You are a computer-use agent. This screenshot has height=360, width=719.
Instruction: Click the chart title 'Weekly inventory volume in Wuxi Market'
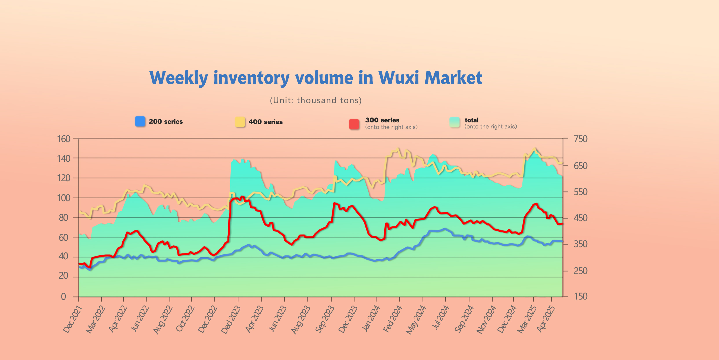[316, 78]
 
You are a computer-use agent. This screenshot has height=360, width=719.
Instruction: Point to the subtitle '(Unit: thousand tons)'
[316, 100]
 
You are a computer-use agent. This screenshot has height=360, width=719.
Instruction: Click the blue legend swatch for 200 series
[140, 122]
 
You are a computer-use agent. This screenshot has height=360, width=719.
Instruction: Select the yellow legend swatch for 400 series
[240, 122]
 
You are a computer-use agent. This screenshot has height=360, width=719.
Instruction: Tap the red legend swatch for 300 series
[354, 124]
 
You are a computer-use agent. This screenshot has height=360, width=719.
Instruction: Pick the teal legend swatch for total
[455, 122]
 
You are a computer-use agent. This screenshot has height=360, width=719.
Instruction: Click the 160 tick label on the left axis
[64, 139]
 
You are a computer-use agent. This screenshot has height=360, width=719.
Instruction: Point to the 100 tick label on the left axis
[64, 198]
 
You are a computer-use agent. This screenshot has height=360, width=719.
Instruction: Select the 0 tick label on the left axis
[63, 297]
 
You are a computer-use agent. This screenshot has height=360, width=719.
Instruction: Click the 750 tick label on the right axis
[581, 139]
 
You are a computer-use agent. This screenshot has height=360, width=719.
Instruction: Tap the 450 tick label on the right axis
[581, 218]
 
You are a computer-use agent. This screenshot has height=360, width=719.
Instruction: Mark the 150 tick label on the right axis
[581, 296]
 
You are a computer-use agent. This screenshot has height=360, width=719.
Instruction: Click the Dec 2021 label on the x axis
[73, 319]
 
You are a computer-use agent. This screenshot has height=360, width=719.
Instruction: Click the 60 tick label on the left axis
[64, 238]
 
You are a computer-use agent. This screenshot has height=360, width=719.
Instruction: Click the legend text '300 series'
[382, 120]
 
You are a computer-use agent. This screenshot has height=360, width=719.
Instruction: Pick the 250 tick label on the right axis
[581, 271]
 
